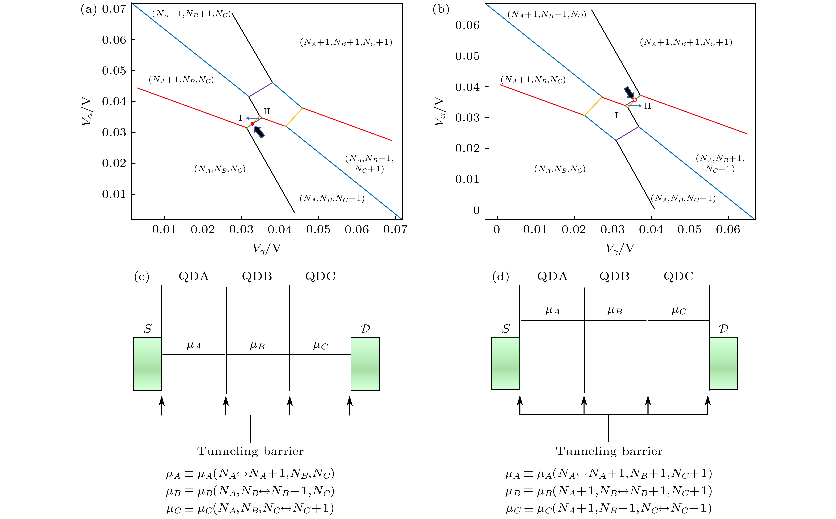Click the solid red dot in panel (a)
coord(252,124)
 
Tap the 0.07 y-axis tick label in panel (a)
coord(114,9)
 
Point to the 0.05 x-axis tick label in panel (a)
coord(318,230)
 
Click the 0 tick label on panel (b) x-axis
coord(497,230)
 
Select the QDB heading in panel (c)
coord(257,276)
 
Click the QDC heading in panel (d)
coord(679,276)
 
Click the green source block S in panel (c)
coord(148,364)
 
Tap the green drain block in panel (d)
coord(723,363)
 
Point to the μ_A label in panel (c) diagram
coord(194,345)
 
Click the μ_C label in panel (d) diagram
coord(679,311)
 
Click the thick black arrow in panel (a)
coord(259,132)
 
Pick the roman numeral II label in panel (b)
coord(647,106)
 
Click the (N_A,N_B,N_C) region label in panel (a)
coord(220,169)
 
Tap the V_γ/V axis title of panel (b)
coord(620,248)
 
